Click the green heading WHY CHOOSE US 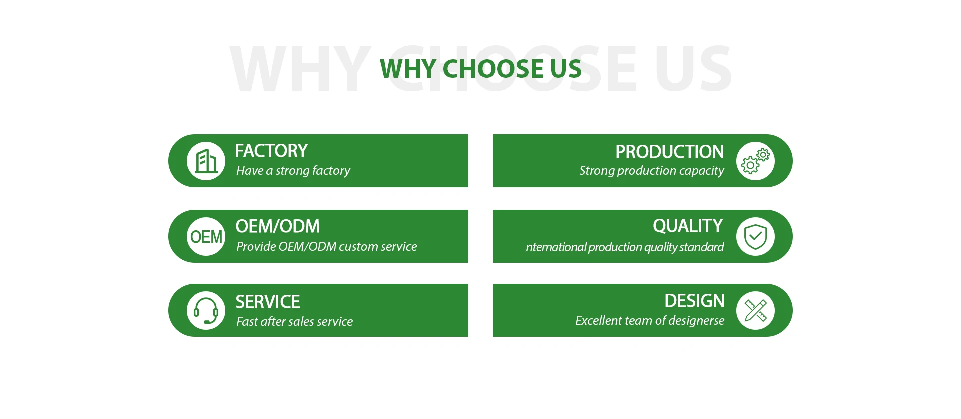[480, 69]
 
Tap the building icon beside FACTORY [206, 161]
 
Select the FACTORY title [271, 151]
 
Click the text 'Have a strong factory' [293, 171]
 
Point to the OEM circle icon [206, 236]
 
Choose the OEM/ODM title [278, 226]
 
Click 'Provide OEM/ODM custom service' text [327, 246]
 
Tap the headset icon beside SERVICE [206, 310]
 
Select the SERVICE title [268, 302]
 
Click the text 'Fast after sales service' [295, 321]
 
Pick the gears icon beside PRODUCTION [755, 161]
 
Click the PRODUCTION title [670, 152]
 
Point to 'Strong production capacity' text [652, 171]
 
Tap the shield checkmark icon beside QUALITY [755, 236]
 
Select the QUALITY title [688, 226]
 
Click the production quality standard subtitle [625, 247]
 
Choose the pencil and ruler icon [755, 310]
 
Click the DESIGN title [695, 301]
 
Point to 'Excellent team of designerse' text [650, 320]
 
